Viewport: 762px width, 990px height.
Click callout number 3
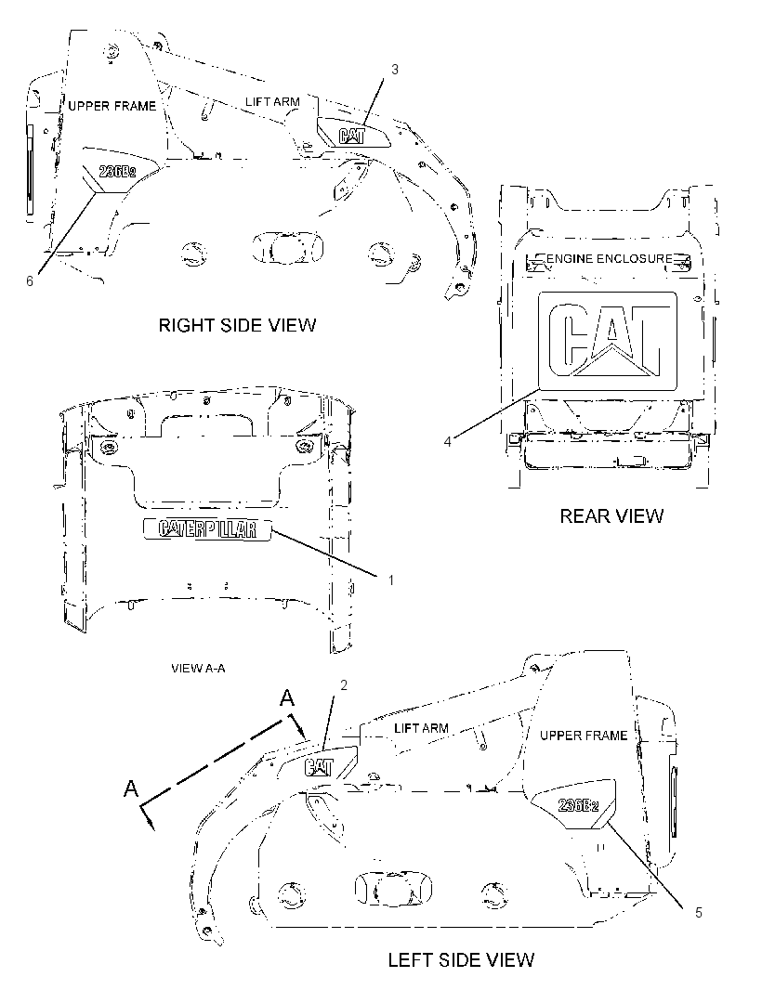click(x=395, y=70)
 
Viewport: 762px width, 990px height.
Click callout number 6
click(x=29, y=281)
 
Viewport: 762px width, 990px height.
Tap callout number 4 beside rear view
click(x=447, y=441)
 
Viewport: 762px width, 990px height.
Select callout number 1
click(x=390, y=580)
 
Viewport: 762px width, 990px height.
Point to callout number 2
click(x=344, y=685)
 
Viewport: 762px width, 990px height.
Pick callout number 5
click(x=698, y=912)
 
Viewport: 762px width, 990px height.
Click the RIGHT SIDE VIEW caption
click(x=237, y=325)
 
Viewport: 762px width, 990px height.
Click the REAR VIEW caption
click(x=611, y=515)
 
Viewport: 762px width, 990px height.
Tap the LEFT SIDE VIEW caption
click(x=461, y=960)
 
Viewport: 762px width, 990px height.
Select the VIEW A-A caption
click(x=198, y=668)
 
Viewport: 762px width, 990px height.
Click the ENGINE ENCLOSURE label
click(x=609, y=258)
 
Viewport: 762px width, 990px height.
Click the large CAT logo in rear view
click(x=607, y=341)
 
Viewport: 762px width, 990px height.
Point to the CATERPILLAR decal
click(x=207, y=529)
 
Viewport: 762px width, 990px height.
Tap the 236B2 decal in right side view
click(x=117, y=171)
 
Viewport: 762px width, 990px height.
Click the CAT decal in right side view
click(x=351, y=136)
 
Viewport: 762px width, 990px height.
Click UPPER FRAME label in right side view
click(x=112, y=106)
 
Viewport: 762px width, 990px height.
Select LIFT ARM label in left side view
click(x=421, y=728)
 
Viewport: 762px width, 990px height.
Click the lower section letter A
click(x=131, y=788)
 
